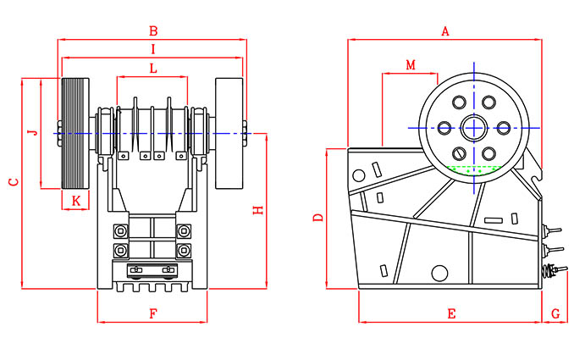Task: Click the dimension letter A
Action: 444,31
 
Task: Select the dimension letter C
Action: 13,182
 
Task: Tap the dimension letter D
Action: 318,218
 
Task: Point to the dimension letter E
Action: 451,313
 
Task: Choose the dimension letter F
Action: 152,313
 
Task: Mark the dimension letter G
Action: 555,313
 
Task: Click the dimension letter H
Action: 260,210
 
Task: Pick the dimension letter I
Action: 152,48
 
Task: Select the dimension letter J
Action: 32,133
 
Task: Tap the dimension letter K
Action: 75,200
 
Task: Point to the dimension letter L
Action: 152,67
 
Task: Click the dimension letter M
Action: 411,65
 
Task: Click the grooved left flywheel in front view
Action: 75,133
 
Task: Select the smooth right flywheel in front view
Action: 228,133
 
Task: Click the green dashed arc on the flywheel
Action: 473,169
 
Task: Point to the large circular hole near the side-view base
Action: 439,273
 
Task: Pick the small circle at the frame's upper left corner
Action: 359,175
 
